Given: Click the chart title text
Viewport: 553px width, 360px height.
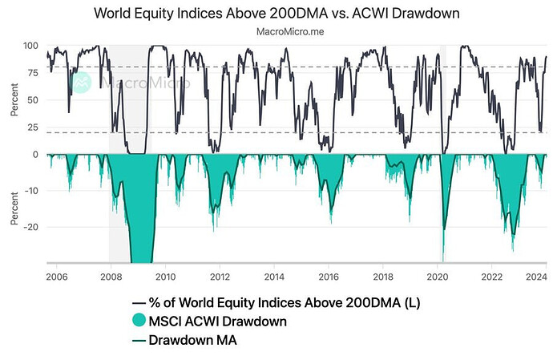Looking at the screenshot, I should point(276,14).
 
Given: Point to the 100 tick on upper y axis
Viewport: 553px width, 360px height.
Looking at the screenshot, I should point(33,45).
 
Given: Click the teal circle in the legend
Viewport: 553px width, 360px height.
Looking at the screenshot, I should point(140,322).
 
